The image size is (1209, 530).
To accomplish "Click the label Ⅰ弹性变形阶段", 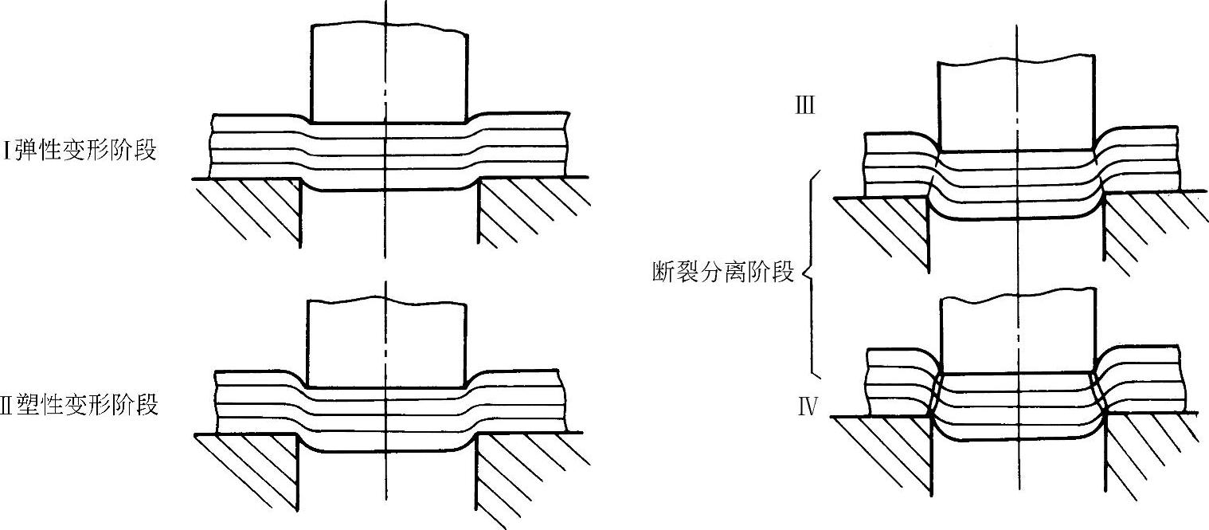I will [80, 151].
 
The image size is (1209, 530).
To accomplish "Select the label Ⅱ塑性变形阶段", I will [80, 405].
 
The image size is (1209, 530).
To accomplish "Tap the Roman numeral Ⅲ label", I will [805, 106].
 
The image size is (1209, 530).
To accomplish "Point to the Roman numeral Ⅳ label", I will [808, 409].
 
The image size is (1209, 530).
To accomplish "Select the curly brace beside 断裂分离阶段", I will [811, 273].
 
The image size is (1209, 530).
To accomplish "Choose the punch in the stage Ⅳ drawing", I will [1017, 335].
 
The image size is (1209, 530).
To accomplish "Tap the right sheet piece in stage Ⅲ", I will [1139, 159].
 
